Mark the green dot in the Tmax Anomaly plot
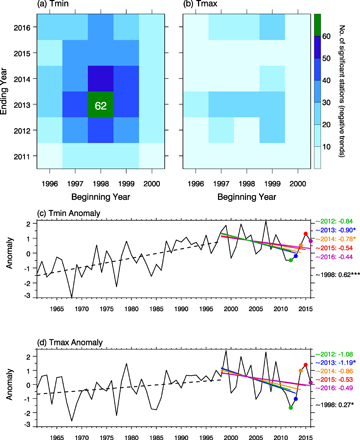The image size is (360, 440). [291, 407]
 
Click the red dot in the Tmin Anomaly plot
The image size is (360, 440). [306, 262]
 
